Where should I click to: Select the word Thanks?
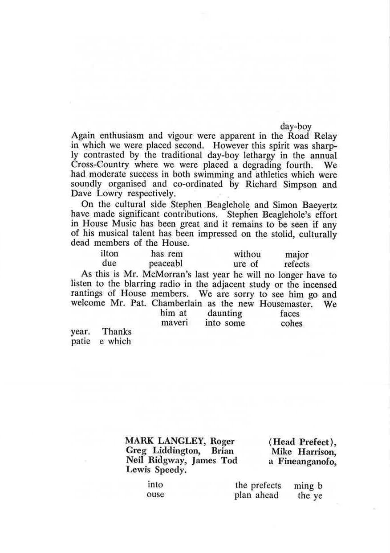click(x=117, y=332)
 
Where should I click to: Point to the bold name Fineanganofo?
click(x=307, y=461)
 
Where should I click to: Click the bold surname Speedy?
click(x=171, y=470)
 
